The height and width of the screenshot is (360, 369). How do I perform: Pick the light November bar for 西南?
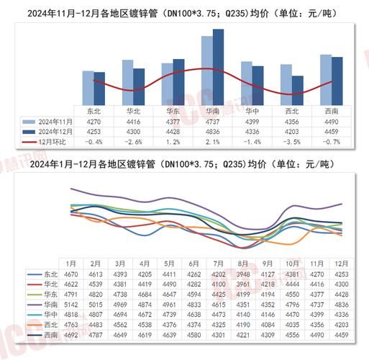pyautogui.click(x=325, y=80)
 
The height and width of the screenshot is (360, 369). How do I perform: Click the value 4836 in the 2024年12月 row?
pyautogui.click(x=213, y=132)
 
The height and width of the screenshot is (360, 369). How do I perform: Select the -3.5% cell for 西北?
pyautogui.click(x=292, y=143)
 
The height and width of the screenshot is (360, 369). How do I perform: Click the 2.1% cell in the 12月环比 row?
pyautogui.click(x=213, y=143)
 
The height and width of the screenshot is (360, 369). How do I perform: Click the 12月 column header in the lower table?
pyautogui.click(x=343, y=264)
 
